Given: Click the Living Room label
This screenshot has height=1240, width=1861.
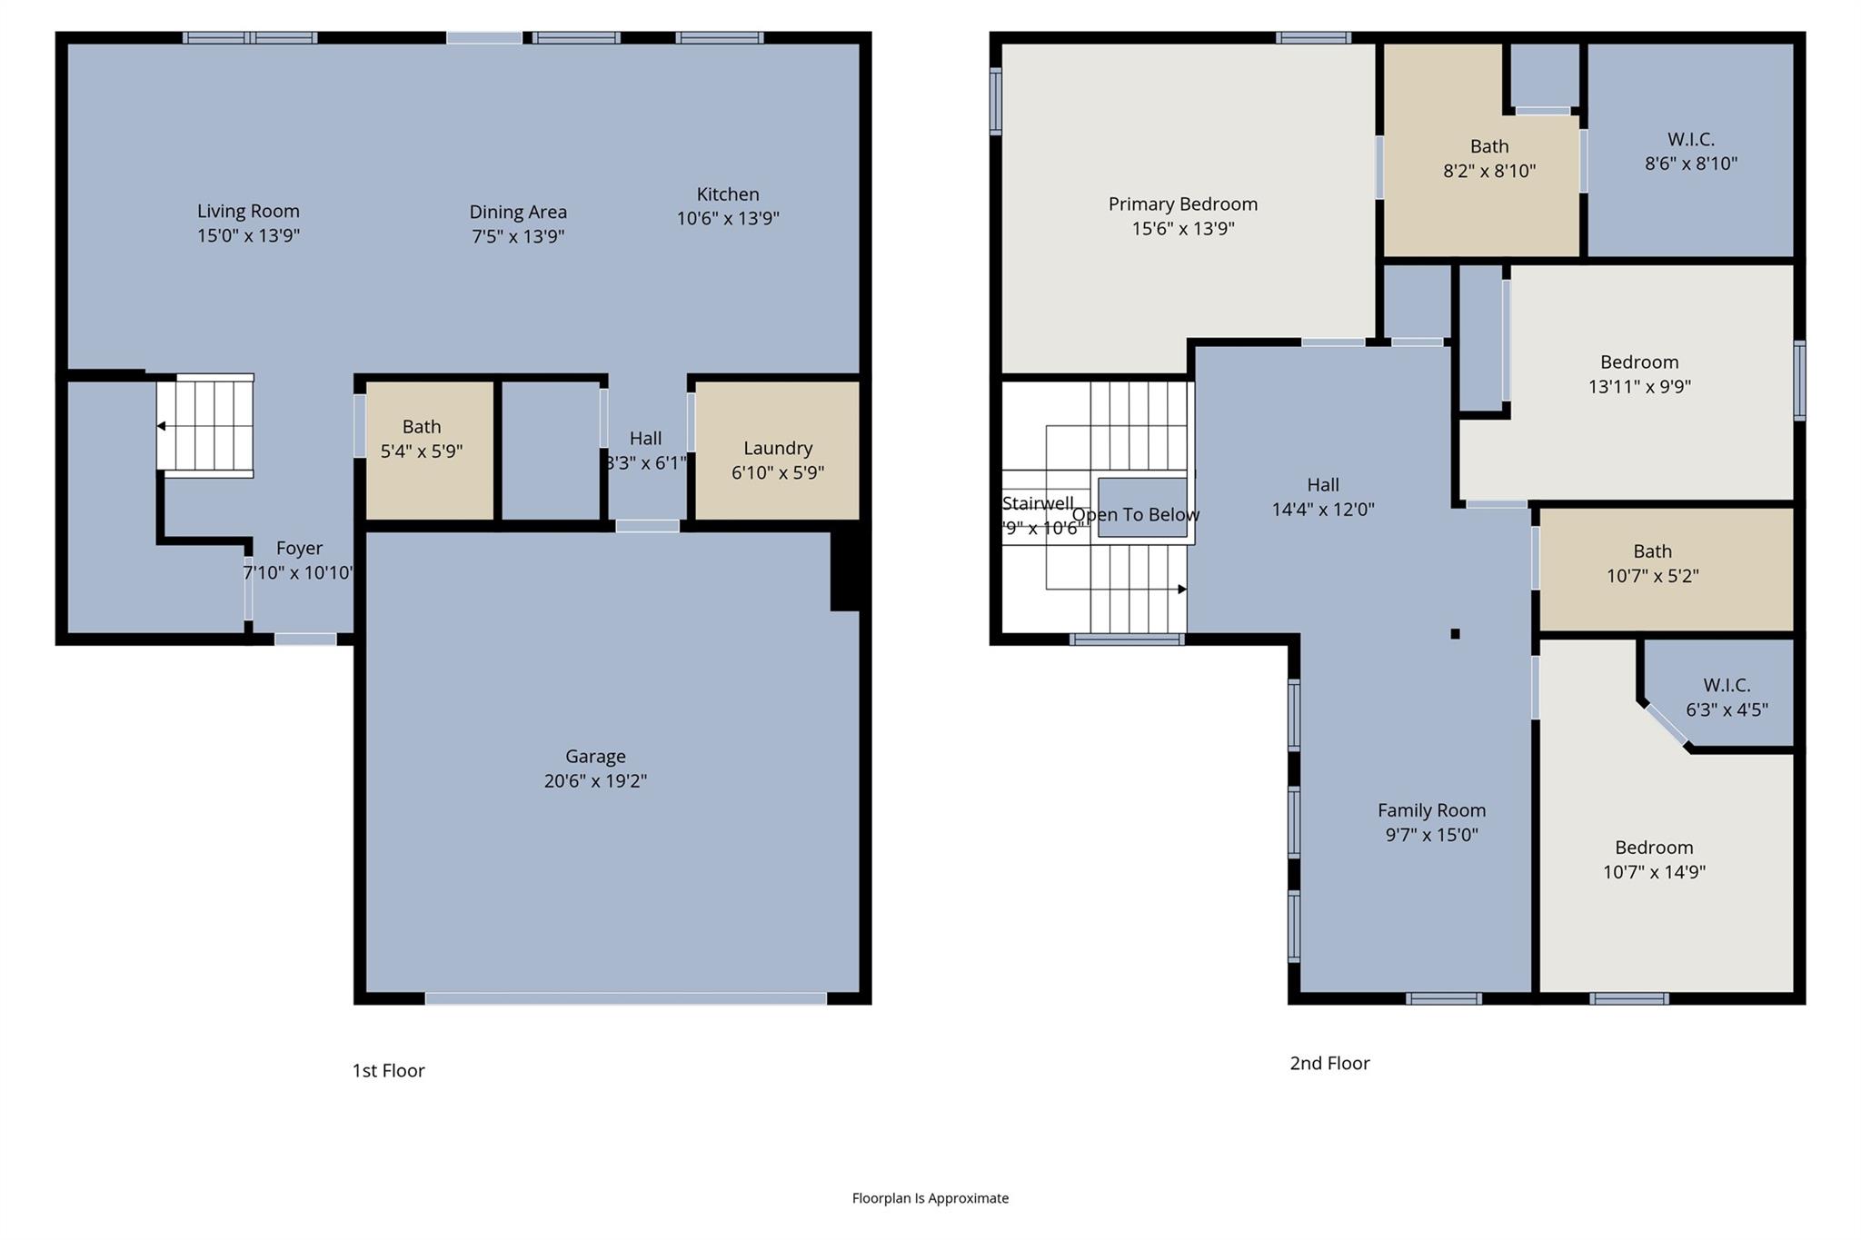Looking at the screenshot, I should [248, 212].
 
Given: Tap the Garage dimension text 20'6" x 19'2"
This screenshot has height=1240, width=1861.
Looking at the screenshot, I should [595, 780].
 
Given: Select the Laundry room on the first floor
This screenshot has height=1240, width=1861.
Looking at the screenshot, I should [777, 460].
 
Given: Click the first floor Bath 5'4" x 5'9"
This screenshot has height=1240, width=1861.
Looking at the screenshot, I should [422, 439].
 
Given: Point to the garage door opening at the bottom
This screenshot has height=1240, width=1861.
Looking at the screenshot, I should [625, 998].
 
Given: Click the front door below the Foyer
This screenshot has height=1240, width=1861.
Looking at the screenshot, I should [305, 640].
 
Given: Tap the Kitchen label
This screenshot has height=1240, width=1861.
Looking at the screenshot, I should [727, 194].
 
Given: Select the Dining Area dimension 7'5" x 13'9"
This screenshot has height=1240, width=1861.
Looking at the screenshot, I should [518, 236].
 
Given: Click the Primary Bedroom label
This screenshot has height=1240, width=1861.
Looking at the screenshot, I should [1182, 204].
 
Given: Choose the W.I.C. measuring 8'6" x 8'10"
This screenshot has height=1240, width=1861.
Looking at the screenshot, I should [1690, 152].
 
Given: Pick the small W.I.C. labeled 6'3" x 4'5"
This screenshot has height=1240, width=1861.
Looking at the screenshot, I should [1727, 697].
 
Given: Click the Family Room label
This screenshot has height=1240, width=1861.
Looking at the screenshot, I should [1431, 810].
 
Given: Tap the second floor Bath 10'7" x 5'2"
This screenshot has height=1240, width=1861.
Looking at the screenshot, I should [1652, 563].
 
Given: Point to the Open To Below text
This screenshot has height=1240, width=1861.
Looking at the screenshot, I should [1136, 515].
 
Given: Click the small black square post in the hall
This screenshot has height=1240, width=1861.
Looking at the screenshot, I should [1455, 634].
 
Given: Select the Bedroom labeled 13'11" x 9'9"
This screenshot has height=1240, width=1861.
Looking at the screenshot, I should [1639, 374].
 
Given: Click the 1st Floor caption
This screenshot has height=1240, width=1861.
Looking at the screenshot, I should [388, 1071].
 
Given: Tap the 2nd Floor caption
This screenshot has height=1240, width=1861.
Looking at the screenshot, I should [1329, 1064].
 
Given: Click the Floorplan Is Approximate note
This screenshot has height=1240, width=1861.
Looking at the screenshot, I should [930, 1198].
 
